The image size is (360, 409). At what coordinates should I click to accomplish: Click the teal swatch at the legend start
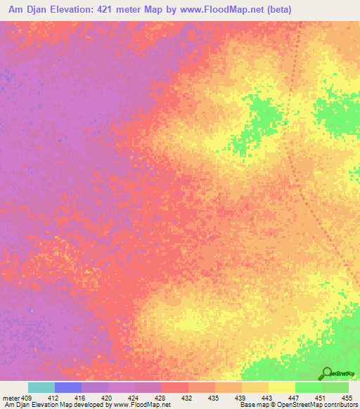pyautogui.click(x=41, y=387)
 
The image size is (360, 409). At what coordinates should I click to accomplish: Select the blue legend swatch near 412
pyautogui.click(x=68, y=387)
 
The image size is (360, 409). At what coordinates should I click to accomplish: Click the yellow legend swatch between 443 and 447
pyautogui.click(x=281, y=387)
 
